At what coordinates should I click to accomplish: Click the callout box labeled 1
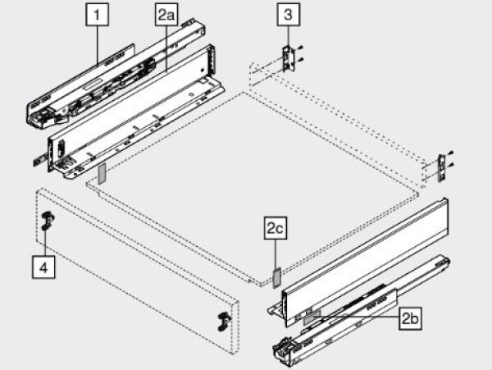98,14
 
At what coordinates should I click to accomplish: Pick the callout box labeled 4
44,266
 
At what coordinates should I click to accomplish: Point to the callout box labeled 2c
275,231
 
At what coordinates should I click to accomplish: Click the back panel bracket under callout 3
287,57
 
